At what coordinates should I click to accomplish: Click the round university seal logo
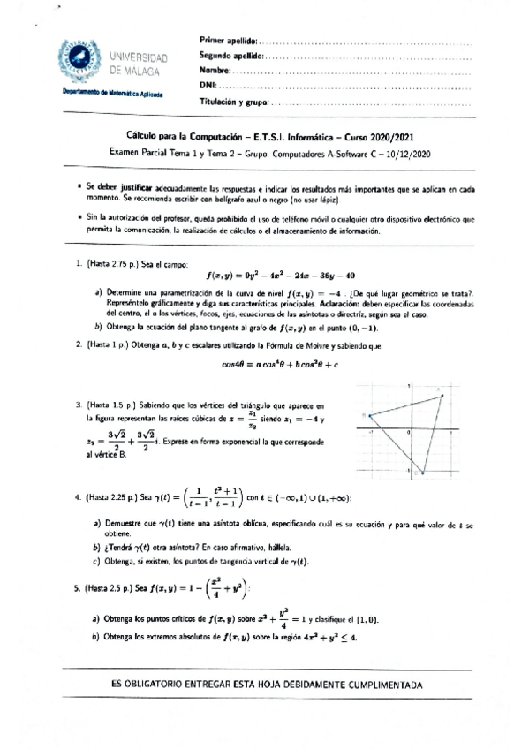pyautogui.click(x=80, y=63)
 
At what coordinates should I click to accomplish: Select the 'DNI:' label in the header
pyautogui.click(x=208, y=86)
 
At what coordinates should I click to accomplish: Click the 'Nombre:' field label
pyautogui.click(x=215, y=71)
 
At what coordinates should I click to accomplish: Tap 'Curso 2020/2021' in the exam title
pyautogui.click(x=378, y=137)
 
